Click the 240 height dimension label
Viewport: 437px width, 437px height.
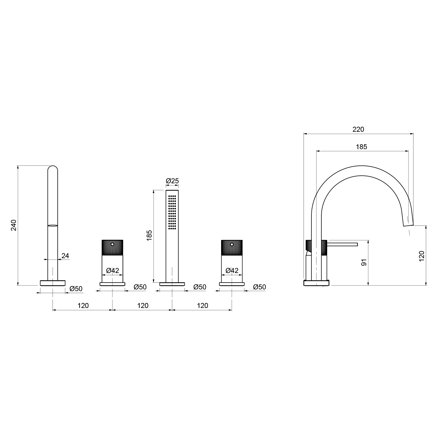[14, 225]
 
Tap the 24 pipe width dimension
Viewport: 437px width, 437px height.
[65, 255]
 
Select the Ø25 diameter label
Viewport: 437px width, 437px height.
[172, 181]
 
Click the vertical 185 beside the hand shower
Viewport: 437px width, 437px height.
[149, 236]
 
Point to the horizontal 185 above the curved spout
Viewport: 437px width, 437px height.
[361, 147]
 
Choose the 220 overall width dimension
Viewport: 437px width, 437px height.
[358, 129]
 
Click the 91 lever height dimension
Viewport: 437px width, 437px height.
[364, 262]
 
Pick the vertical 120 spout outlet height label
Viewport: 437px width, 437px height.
[422, 256]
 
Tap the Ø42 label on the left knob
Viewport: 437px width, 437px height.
[112, 271]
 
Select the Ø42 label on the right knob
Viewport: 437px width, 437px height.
[232, 271]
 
